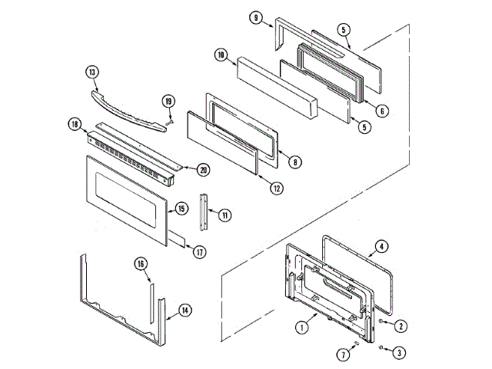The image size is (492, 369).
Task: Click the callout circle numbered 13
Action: click(92, 72)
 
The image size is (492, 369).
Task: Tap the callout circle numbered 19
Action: click(168, 101)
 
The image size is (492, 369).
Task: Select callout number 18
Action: click(75, 124)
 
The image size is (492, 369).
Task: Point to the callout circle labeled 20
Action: click(203, 170)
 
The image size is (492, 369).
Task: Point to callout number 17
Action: click(198, 251)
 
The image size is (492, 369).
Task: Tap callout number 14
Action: click(184, 311)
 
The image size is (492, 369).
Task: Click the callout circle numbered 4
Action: click(381, 248)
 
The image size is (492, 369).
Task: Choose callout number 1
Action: click(301, 327)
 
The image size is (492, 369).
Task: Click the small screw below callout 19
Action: click(171, 119)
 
